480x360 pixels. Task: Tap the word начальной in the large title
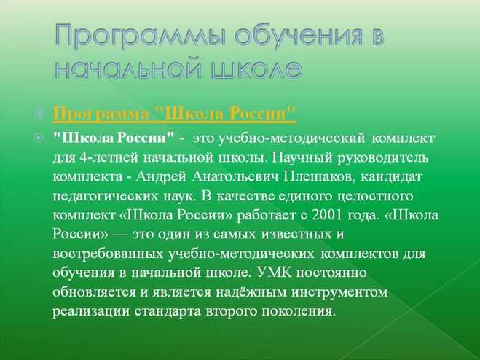[128, 69]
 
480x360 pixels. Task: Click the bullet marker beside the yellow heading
[39, 114]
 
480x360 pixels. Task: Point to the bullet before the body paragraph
[39, 138]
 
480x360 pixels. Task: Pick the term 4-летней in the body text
[108, 158]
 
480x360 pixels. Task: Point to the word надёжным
[251, 292]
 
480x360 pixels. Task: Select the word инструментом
[339, 293]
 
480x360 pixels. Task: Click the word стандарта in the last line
[168, 312]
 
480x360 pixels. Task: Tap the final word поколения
[299, 311]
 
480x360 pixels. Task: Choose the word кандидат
[392, 178]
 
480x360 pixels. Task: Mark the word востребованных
[108, 254]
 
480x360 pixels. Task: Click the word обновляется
[94, 292]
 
